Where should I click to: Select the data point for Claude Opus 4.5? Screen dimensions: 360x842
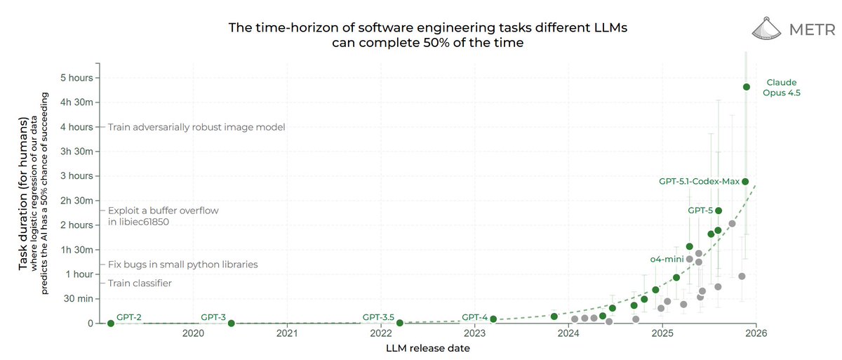(747, 87)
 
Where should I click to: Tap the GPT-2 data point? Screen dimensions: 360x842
(111, 323)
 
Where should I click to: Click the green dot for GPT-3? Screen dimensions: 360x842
(232, 323)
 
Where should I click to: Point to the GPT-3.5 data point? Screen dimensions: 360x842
(399, 323)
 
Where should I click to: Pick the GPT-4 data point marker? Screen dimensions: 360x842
(493, 319)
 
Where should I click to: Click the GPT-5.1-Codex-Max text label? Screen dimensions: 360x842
(699, 182)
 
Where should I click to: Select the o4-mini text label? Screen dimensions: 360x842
(667, 259)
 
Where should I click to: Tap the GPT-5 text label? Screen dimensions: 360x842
(700, 210)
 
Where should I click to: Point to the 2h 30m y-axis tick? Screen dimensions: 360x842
(77, 201)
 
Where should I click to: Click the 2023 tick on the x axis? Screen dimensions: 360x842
(474, 335)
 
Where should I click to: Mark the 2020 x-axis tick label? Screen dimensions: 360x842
(193, 335)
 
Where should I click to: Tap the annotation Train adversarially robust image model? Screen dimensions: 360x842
(196, 127)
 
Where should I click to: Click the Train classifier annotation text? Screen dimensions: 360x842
(140, 284)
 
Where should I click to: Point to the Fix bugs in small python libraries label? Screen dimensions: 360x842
(182, 265)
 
